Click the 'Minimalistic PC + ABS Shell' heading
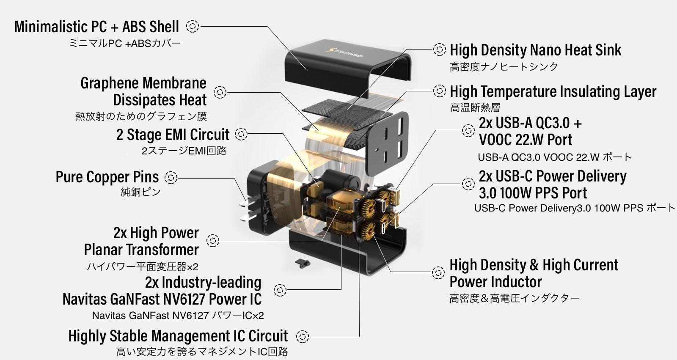(96, 27)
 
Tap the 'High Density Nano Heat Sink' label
(535, 50)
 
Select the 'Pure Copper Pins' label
(107, 177)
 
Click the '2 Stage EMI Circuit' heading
(173, 135)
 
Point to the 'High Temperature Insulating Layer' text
(553, 91)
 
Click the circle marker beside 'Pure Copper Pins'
(171, 177)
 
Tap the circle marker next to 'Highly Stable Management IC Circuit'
(302, 337)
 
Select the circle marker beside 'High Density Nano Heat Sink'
(440, 49)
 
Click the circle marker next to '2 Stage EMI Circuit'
(241, 134)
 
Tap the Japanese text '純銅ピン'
(140, 192)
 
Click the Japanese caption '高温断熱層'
(475, 108)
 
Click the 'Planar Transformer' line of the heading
(141, 250)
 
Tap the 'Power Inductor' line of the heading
(495, 282)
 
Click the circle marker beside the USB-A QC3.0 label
(468, 131)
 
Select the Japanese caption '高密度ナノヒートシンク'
(504, 67)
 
